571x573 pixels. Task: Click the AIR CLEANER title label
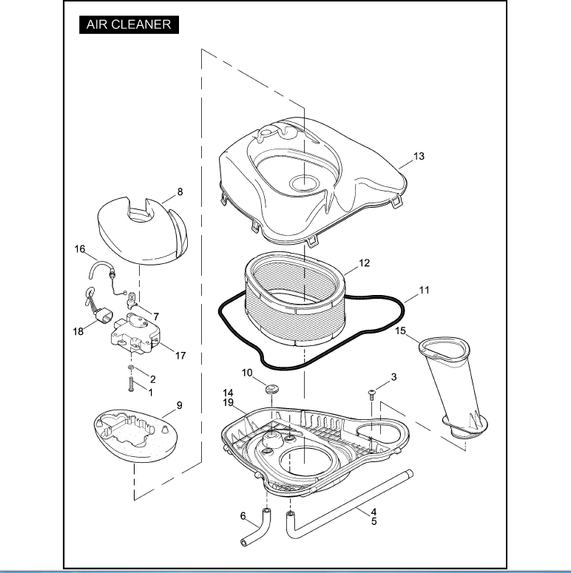(129, 24)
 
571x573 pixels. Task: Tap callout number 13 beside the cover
(419, 157)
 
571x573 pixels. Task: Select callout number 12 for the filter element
(365, 262)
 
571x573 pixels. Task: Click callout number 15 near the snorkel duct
(402, 330)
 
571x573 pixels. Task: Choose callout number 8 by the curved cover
(180, 191)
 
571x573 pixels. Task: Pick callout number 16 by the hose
(80, 249)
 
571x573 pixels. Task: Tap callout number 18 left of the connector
(78, 332)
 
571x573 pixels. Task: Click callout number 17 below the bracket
(180, 356)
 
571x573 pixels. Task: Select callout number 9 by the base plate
(179, 405)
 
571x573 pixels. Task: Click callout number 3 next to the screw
(393, 377)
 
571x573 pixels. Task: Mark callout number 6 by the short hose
(243, 516)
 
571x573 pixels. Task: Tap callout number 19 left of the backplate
(229, 402)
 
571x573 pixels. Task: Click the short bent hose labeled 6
(254, 531)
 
